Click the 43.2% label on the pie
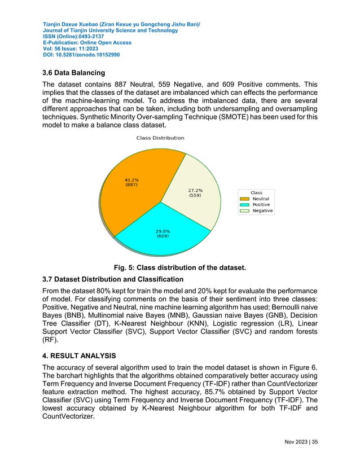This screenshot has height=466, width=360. [131, 181]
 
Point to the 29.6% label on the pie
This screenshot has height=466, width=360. [163, 233]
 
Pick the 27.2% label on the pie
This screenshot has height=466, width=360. [195, 194]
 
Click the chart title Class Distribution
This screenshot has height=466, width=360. [160, 138]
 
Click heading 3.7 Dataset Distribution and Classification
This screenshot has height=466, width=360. [113, 279]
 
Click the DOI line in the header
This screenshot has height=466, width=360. [81, 55]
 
